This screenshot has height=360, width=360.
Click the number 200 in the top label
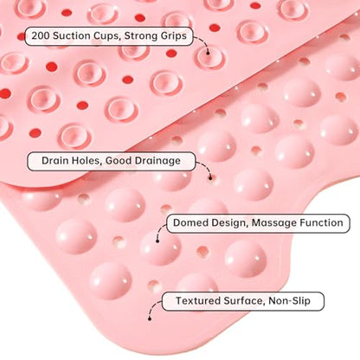[x=41, y=36]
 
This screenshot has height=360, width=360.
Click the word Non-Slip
[x=289, y=301]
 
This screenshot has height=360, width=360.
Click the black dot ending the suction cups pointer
[x=208, y=53]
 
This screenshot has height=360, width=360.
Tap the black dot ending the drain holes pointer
[x=210, y=178]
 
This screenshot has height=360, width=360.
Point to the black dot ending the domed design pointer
[x=157, y=241]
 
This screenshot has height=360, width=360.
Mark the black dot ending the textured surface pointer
[x=150, y=318]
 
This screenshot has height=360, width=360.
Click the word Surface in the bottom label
[x=245, y=301]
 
